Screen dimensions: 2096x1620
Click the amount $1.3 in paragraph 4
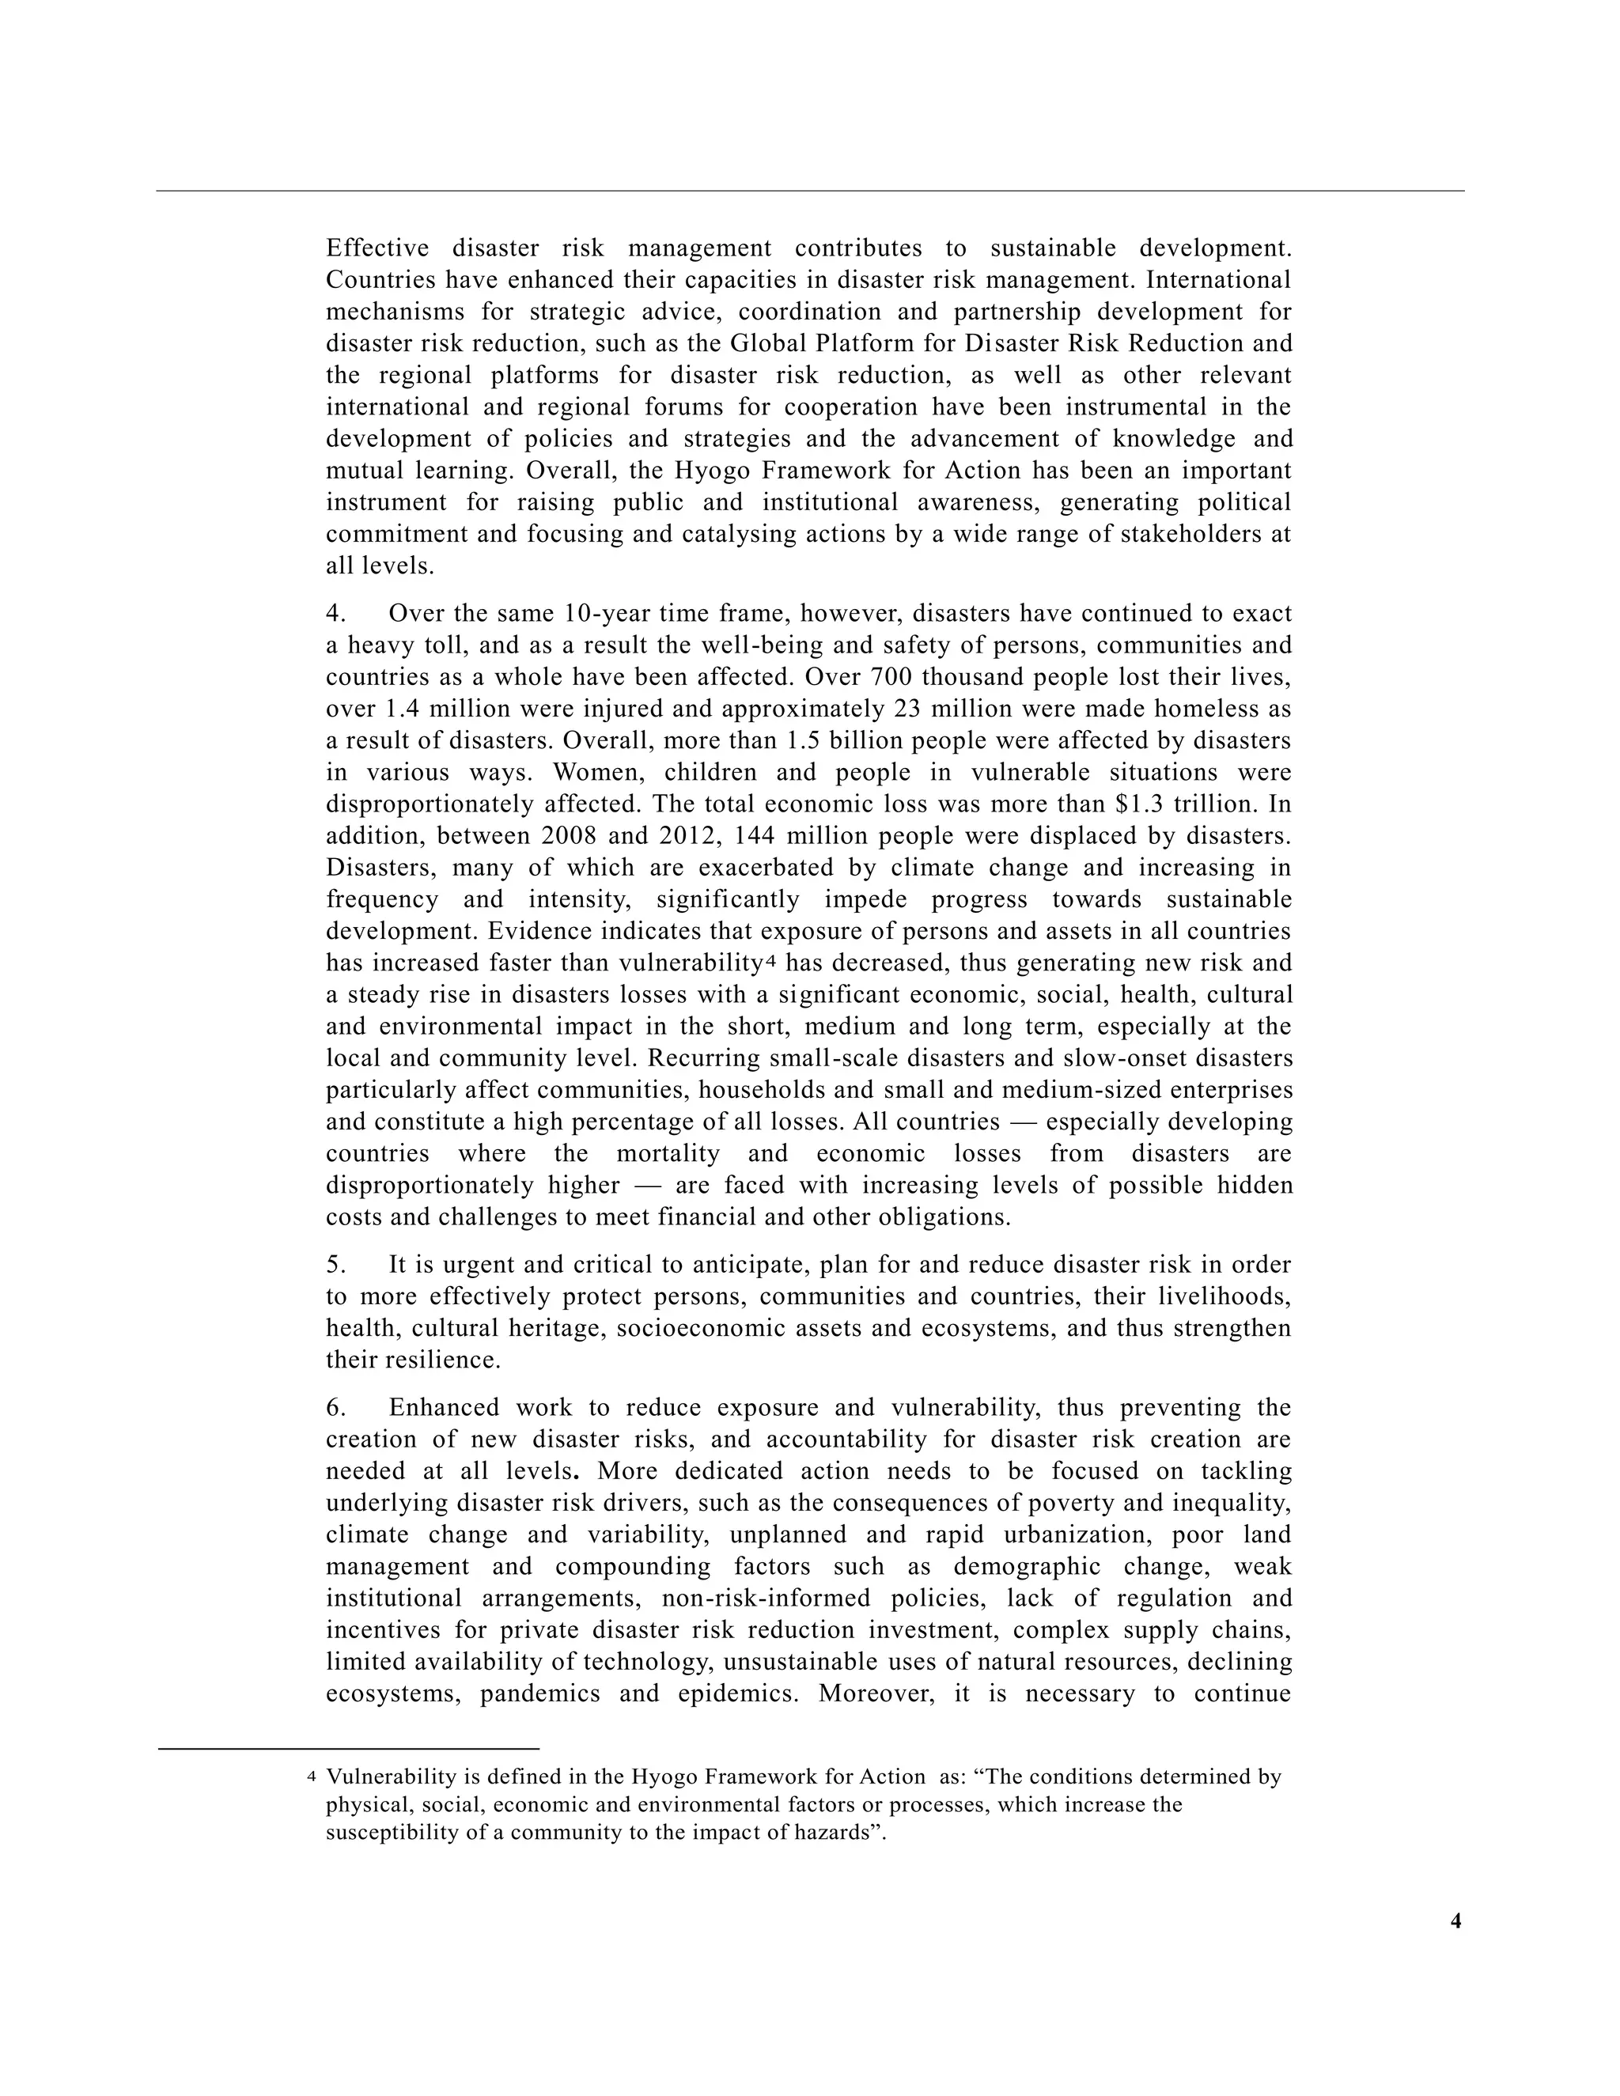(x=1134, y=804)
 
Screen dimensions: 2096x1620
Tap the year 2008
(x=570, y=836)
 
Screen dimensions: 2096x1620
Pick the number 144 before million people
(x=753, y=836)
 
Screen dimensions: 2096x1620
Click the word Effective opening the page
(x=377, y=248)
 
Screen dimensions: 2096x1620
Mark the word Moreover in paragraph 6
(x=876, y=1693)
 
